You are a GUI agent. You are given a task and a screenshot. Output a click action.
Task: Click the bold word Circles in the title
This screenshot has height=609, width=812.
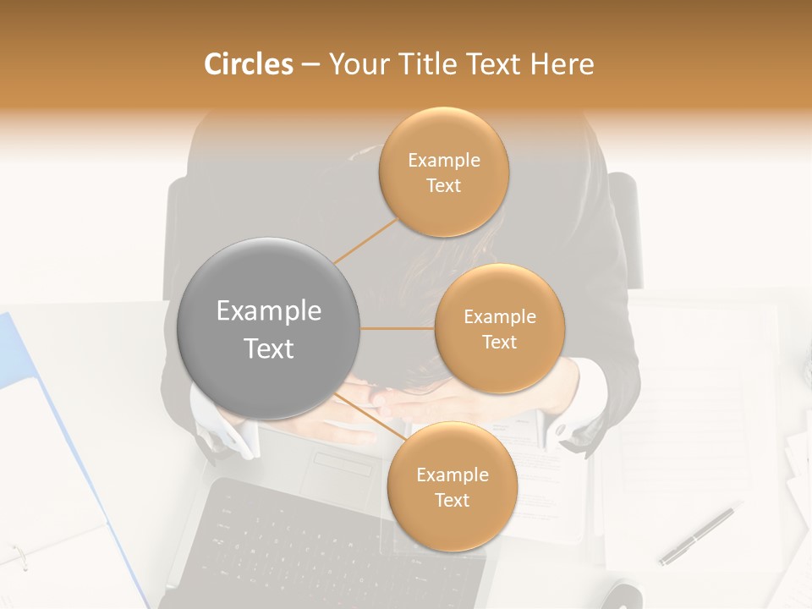point(248,64)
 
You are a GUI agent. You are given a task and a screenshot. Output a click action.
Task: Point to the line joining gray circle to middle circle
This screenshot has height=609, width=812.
point(398,328)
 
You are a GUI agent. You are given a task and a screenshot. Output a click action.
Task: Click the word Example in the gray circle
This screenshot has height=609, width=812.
point(268,311)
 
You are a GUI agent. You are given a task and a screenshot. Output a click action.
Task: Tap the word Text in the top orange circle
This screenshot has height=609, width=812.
point(443,186)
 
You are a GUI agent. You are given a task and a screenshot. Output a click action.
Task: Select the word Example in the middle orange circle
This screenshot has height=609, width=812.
point(499,317)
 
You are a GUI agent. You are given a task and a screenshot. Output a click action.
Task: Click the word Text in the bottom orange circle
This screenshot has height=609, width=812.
point(452,501)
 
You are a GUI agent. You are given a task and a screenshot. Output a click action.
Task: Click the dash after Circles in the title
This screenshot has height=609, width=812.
point(310,65)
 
